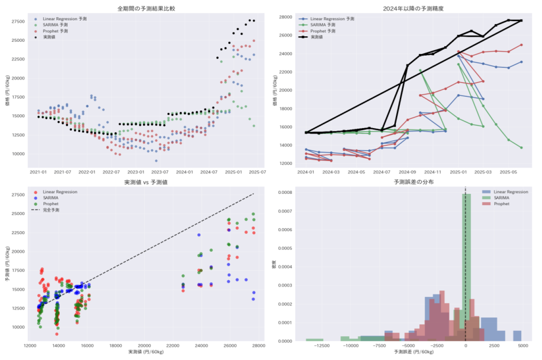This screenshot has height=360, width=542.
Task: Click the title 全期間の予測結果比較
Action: pyautogui.click(x=146, y=8)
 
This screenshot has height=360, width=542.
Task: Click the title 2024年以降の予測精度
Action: pyautogui.click(x=413, y=8)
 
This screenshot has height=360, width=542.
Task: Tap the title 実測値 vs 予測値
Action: pyautogui.click(x=146, y=182)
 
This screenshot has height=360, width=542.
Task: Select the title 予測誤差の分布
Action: pyautogui.click(x=413, y=182)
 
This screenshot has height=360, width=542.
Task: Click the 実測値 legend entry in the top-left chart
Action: pyautogui.click(x=49, y=37)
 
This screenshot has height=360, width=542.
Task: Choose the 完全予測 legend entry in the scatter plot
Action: pyautogui.click(x=51, y=210)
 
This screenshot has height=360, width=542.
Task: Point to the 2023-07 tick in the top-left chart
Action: pyautogui.click(x=160, y=172)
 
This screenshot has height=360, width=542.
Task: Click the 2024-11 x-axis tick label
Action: pyautogui.click(x=433, y=172)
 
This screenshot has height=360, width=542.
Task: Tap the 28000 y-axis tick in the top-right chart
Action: pyautogui.click(x=285, y=17)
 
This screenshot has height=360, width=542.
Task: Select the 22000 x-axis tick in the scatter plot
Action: pyautogui.click(x=173, y=346)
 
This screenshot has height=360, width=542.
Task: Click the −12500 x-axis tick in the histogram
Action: pyautogui.click(x=321, y=346)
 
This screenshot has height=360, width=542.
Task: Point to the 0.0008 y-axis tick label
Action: pyautogui.click(x=285, y=192)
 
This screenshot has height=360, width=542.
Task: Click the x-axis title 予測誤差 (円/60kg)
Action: pyautogui.click(x=413, y=352)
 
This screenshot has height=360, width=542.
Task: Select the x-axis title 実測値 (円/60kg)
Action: pyautogui.click(x=146, y=352)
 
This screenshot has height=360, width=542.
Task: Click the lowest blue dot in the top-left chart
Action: pyautogui.click(x=156, y=161)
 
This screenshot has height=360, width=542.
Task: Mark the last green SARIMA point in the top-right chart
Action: pyautogui.click(x=521, y=148)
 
